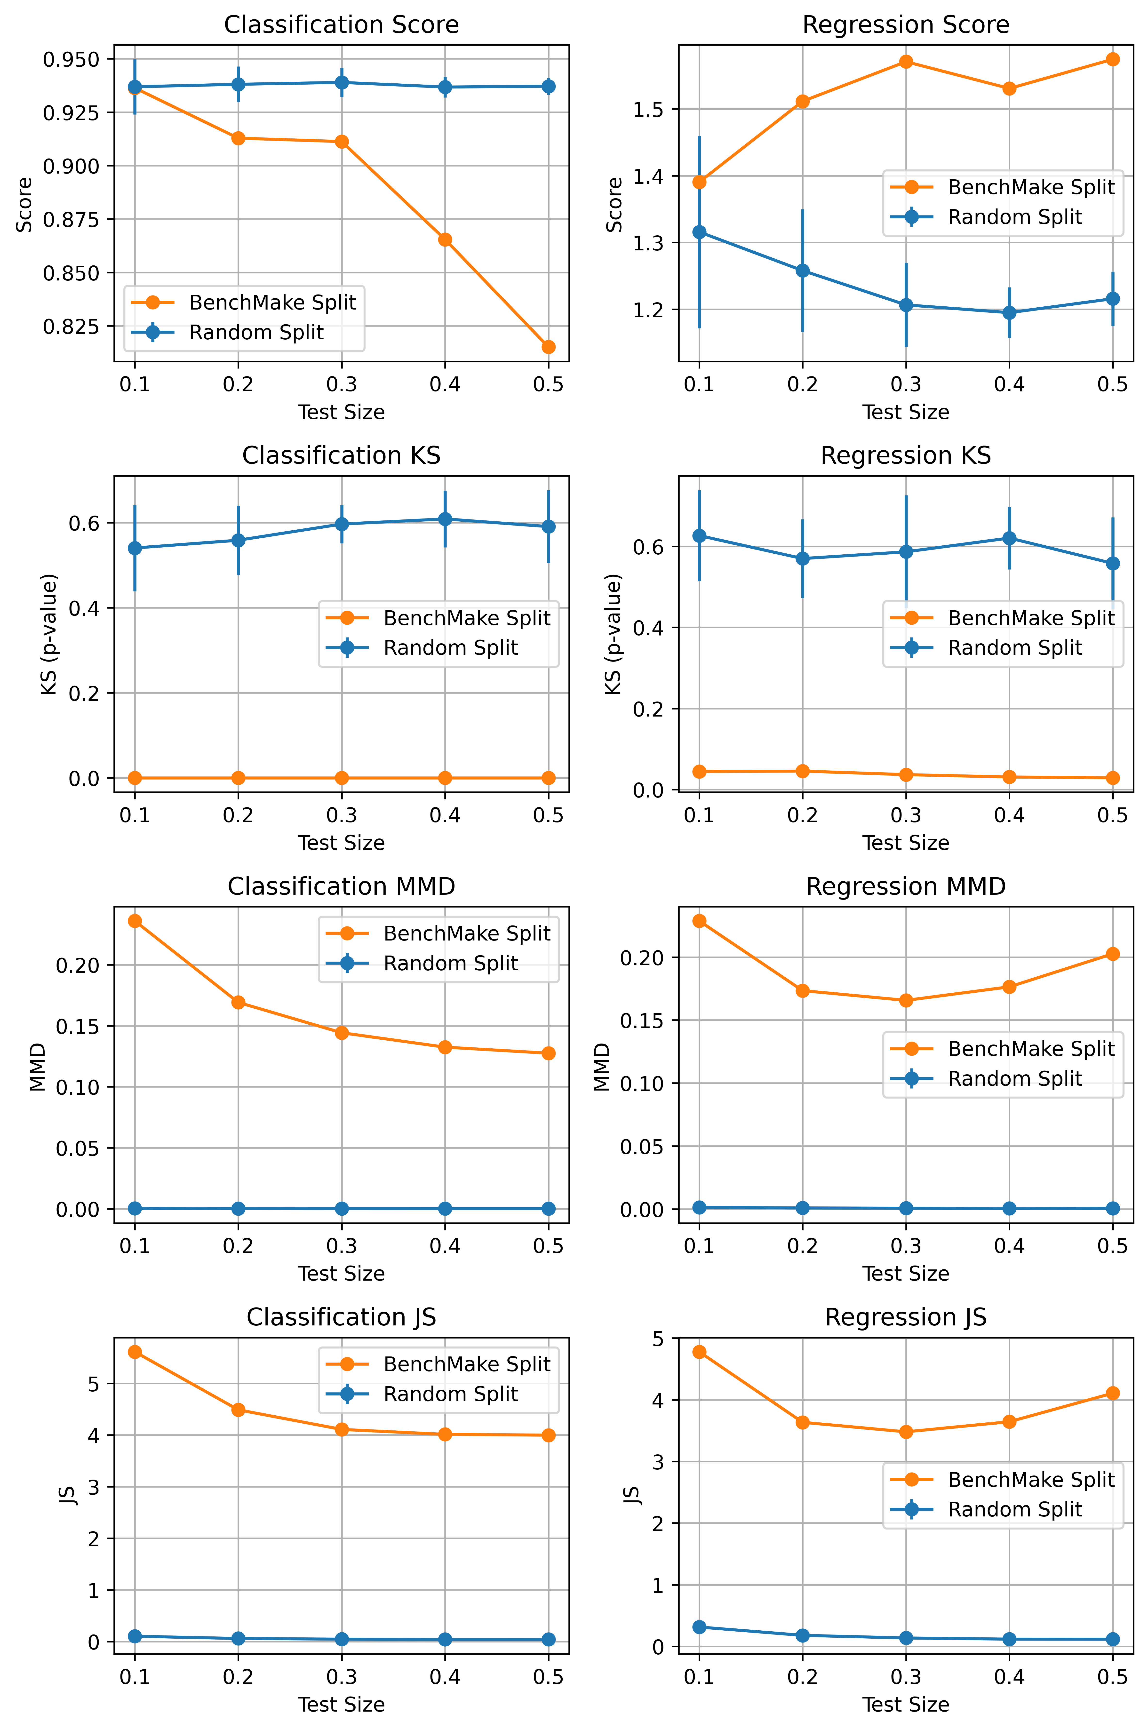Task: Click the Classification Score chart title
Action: pyautogui.click(x=341, y=25)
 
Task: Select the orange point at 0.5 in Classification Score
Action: pyautogui.click(x=548, y=347)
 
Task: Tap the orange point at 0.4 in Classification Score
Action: pyautogui.click(x=445, y=239)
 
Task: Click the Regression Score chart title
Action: pyautogui.click(x=906, y=25)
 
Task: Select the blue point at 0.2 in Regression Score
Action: pyautogui.click(x=802, y=271)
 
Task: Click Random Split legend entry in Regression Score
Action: pyautogui.click(x=1014, y=217)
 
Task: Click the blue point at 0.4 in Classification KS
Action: pyautogui.click(x=445, y=519)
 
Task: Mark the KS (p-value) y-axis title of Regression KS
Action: pyautogui.click(x=614, y=634)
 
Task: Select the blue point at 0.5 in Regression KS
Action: pyautogui.click(x=1113, y=563)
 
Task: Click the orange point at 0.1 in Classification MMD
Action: pyautogui.click(x=135, y=921)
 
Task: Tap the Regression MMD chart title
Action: pyautogui.click(x=906, y=887)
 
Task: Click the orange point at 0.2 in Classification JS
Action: pyautogui.click(x=238, y=1410)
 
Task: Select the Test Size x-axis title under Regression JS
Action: pyautogui.click(x=906, y=1704)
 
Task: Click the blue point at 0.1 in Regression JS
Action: pyautogui.click(x=699, y=1627)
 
